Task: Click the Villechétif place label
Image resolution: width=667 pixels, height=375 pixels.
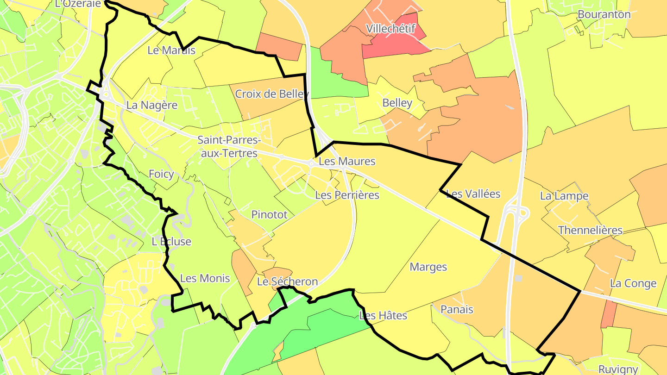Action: pos(390,29)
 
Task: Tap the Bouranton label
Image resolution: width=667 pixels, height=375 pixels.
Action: pos(604,14)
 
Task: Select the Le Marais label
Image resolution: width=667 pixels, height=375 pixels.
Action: pos(171,50)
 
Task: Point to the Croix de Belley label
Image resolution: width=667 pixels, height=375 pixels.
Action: pos(272,94)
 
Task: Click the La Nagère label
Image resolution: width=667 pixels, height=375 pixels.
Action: pos(152,105)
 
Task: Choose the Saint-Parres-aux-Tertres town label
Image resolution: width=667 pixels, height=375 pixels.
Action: pos(229,146)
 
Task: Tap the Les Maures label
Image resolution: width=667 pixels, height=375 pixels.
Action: pos(347,162)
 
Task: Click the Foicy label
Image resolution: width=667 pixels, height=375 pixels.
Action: pos(161,174)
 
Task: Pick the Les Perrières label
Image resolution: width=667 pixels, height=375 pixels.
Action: pos(347,195)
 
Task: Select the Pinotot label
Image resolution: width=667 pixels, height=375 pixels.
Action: pos(269,214)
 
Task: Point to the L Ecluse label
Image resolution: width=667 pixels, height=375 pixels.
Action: pos(171,242)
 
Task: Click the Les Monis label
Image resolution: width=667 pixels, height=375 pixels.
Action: pos(205,278)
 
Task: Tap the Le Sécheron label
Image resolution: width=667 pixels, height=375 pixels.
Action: pos(288,281)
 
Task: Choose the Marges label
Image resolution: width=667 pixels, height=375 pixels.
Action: pos(428,267)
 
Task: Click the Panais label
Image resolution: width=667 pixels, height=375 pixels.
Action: pos(457,309)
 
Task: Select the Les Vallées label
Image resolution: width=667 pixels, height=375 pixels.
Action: pos(473,194)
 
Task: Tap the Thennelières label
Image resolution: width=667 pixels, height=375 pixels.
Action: pos(590,230)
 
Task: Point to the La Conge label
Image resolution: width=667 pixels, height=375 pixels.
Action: pos(633,283)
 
